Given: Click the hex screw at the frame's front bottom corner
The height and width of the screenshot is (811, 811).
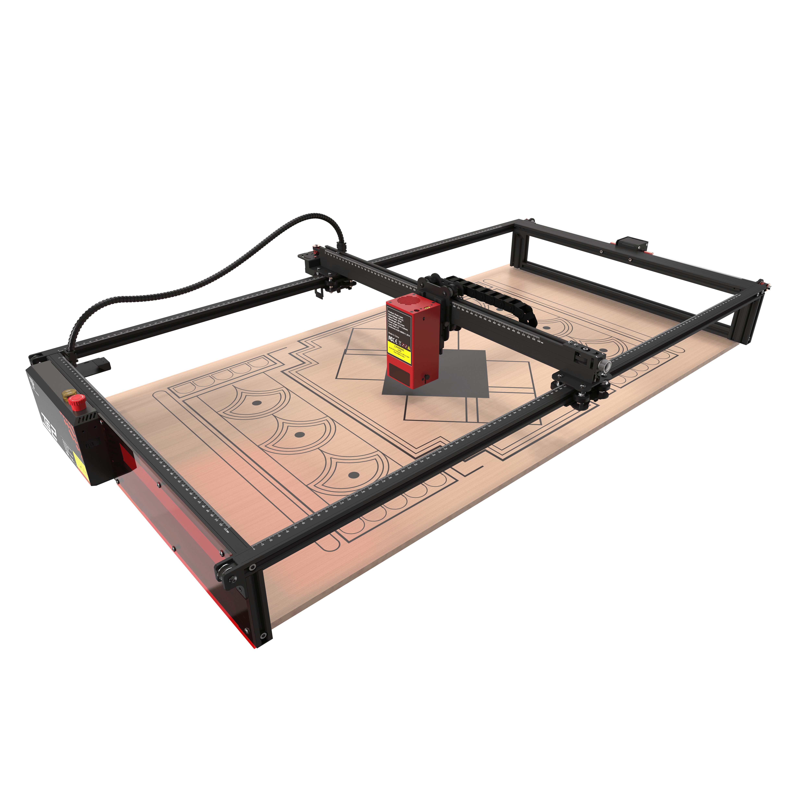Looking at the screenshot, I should point(264,636).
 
